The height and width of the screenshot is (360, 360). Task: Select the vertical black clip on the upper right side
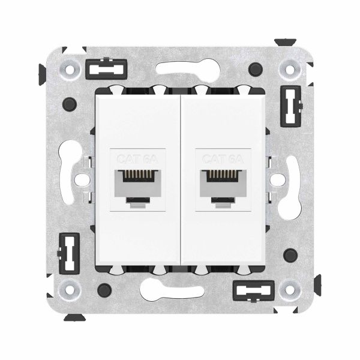292,101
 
